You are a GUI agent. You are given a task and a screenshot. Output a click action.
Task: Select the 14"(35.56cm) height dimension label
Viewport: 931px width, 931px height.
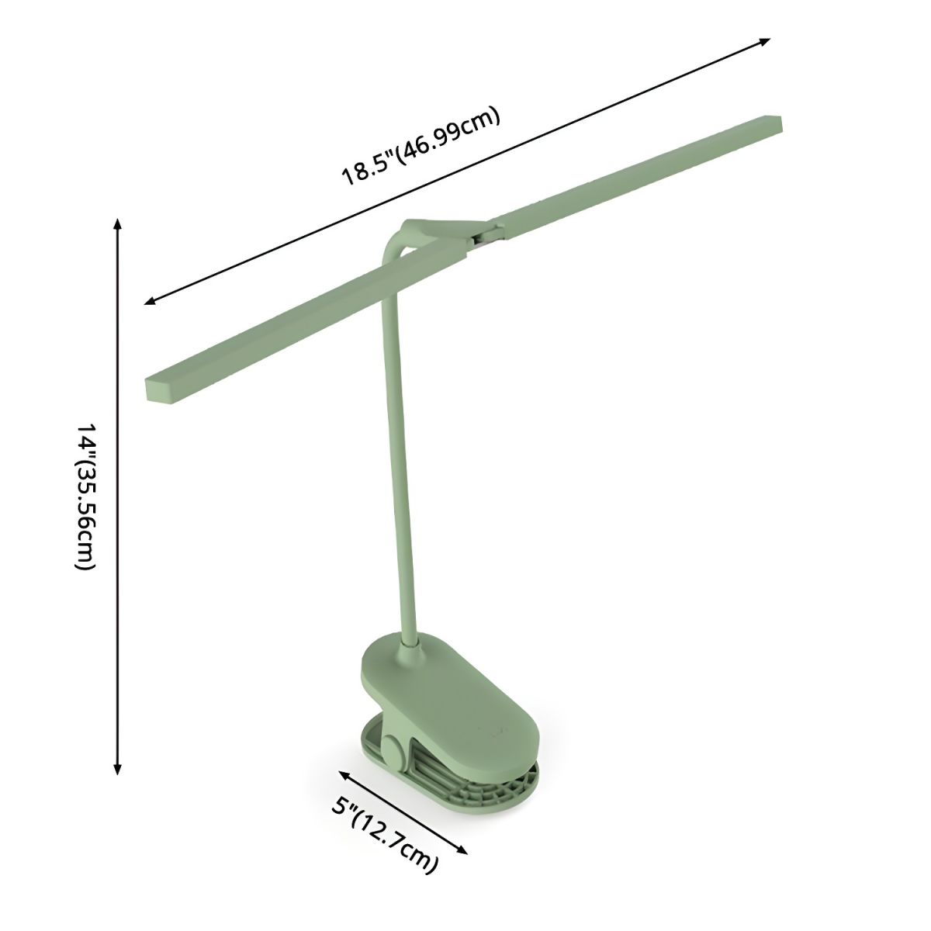pos(85,497)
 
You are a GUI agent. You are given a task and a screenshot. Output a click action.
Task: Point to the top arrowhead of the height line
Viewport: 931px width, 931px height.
pos(117,224)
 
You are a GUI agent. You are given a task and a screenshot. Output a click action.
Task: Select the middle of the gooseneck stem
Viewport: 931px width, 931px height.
pos(400,450)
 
